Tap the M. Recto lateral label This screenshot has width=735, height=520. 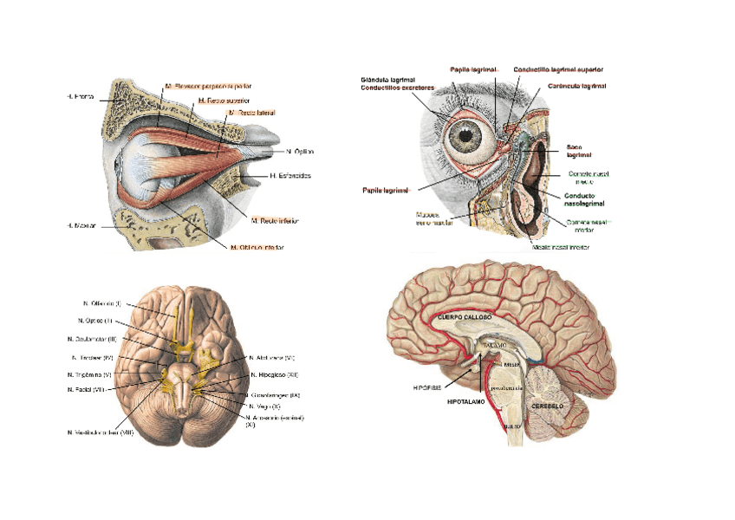pos(252,113)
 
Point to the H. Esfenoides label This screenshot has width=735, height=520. pos(290,176)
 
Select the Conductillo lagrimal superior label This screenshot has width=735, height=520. pos(558,69)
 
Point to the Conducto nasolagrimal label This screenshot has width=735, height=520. pos(587,200)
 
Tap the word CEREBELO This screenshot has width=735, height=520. pos(549,405)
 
